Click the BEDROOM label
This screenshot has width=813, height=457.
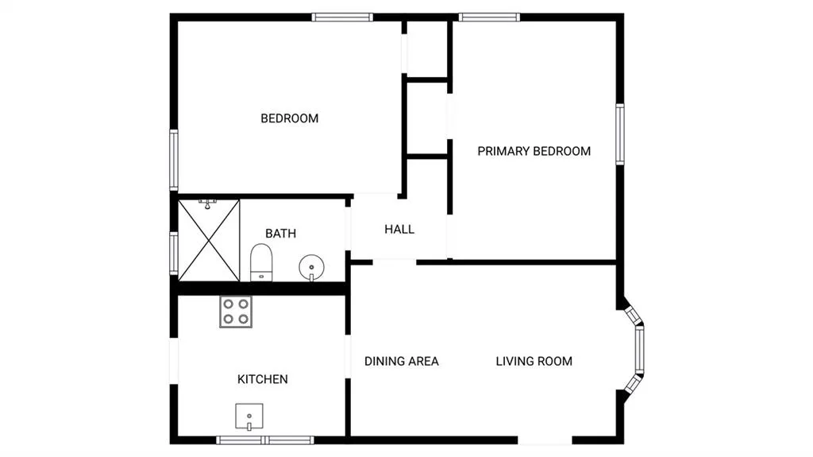(289, 118)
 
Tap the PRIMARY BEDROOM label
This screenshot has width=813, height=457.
(534, 151)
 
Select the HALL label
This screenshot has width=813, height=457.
(399, 229)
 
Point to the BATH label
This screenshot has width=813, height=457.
(280, 233)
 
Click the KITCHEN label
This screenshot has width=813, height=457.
(262, 379)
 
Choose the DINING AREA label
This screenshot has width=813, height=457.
(401, 361)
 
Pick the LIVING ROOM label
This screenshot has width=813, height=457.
(534, 361)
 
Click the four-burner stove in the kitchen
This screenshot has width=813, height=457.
(236, 312)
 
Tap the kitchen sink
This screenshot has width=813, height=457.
(249, 416)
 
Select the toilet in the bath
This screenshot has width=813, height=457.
(261, 263)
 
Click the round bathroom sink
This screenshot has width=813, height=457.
(311, 268)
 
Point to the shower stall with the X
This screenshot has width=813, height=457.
(209, 241)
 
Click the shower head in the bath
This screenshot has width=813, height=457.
(207, 203)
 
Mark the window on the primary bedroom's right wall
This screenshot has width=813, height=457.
(619, 134)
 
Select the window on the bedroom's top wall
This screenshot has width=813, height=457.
(342, 17)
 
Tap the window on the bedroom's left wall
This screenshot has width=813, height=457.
(174, 160)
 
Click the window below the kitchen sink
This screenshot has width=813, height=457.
(265, 440)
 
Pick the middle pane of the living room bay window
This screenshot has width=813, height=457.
(640, 349)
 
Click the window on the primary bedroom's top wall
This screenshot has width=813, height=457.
(489, 17)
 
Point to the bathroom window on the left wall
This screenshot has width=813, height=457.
(174, 253)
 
